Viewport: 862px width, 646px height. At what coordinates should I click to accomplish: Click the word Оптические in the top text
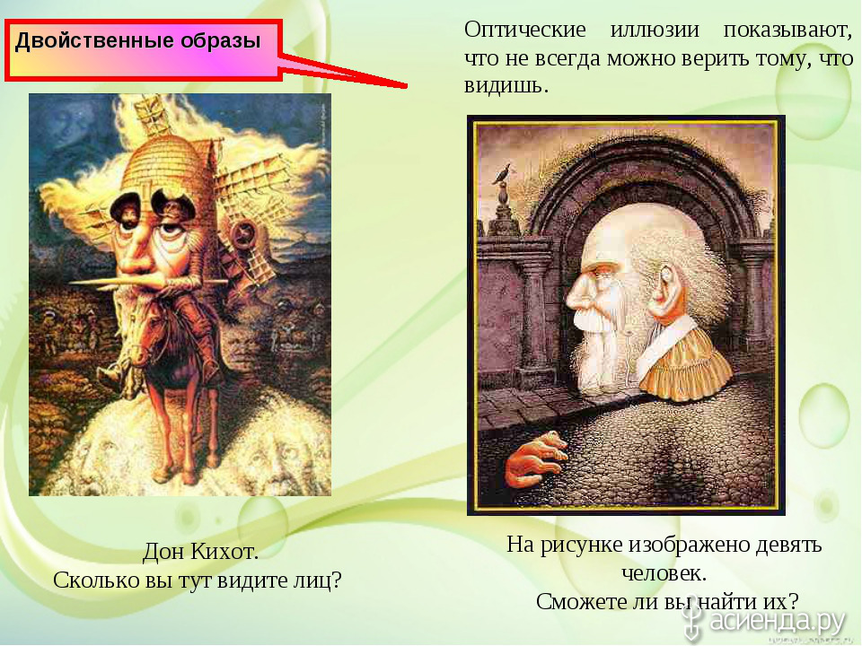(525, 30)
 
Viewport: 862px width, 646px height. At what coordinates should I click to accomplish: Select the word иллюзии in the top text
(655, 30)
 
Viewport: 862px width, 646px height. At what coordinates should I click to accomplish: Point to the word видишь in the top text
(506, 86)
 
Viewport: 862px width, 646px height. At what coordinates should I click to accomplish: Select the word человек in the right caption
(664, 573)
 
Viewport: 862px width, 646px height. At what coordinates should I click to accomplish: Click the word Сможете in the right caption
(582, 601)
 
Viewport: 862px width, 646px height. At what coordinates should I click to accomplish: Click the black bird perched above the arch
(502, 174)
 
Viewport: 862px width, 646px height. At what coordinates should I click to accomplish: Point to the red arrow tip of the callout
(406, 86)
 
